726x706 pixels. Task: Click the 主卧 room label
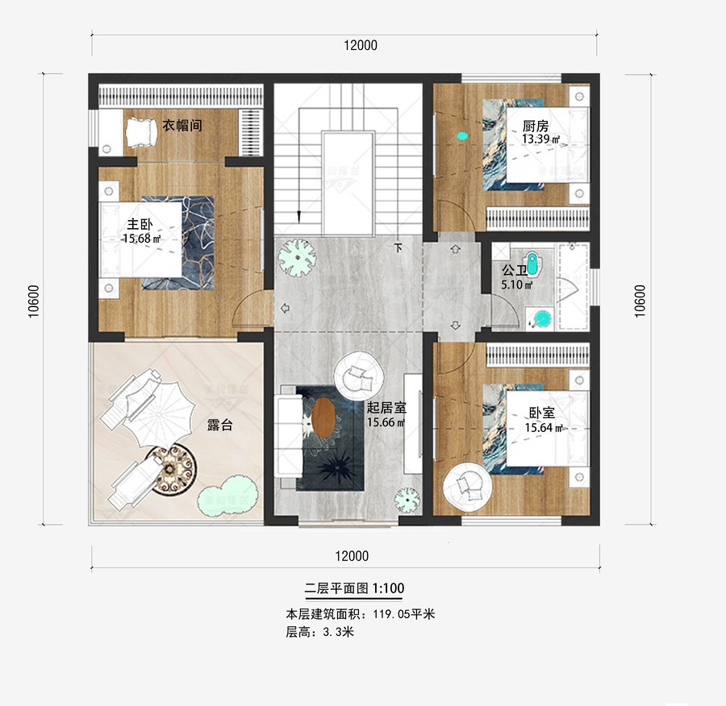[140, 224]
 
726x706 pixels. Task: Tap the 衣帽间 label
[181, 126]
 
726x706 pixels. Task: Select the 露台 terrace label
[219, 425]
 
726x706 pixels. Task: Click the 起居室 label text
[386, 409]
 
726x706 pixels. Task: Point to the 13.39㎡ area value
[540, 139]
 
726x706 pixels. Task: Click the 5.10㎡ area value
[517, 284]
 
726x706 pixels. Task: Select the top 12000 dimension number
[360, 45]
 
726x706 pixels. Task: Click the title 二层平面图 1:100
[354, 588]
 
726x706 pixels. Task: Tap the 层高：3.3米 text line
[319, 633]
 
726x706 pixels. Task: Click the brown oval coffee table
[323, 418]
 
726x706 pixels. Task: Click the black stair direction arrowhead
[298, 216]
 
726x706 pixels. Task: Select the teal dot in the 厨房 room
[461, 136]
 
